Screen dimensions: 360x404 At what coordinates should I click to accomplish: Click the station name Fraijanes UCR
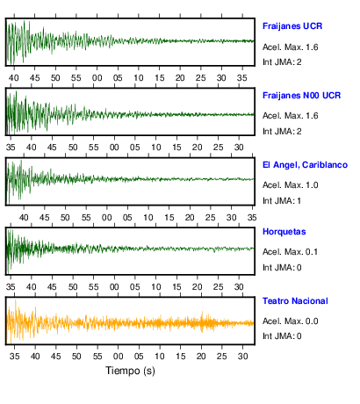click(292, 26)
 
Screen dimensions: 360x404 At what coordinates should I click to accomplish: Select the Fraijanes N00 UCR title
click(302, 96)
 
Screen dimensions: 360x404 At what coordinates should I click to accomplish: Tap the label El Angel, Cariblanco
click(305, 165)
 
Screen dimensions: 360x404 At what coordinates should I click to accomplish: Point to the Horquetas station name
click(284, 232)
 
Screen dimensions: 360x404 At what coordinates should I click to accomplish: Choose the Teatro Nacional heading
click(295, 301)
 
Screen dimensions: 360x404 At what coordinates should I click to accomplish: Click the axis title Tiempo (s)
click(130, 371)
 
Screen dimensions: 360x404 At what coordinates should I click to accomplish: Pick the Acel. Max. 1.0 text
click(291, 185)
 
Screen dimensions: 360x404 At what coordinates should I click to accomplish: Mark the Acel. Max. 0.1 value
click(291, 252)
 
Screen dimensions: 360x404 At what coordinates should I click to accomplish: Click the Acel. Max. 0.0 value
click(291, 321)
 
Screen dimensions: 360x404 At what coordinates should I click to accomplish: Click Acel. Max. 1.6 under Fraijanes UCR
click(291, 47)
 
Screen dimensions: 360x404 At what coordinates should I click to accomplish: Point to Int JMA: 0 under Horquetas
click(282, 268)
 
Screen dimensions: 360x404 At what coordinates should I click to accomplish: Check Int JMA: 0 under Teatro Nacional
click(282, 336)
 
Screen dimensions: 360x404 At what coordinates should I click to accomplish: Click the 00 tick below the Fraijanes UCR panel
click(97, 78)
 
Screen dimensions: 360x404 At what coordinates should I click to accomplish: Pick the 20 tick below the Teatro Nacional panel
click(201, 357)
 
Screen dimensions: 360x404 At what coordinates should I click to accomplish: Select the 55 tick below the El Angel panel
click(86, 218)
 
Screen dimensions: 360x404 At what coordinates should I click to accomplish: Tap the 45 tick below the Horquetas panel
click(52, 287)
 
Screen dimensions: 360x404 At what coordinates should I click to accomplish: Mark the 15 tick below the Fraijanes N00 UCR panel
click(176, 148)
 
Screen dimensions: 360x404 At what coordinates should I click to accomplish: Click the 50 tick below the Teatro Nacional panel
click(76, 357)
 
